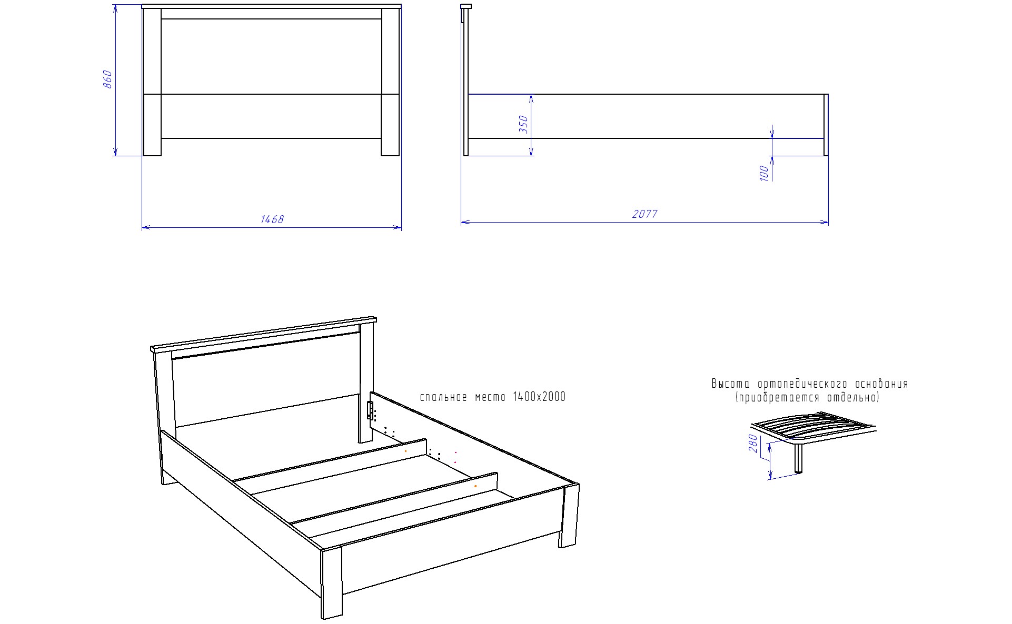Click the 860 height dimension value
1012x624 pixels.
pyautogui.click(x=107, y=79)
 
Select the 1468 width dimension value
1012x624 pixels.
pyautogui.click(x=272, y=219)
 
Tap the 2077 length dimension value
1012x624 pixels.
pyautogui.click(x=645, y=214)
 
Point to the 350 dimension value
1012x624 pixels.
pyautogui.click(x=523, y=125)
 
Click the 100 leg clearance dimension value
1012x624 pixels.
pyautogui.click(x=765, y=173)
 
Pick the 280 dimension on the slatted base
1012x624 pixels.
pyautogui.click(x=753, y=443)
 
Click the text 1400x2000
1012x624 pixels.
pyautogui.click(x=539, y=397)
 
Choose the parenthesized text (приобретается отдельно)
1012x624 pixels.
pyautogui.click(x=808, y=398)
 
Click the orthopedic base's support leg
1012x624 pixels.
pyautogui.click(x=799, y=458)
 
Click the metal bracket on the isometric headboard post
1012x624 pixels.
pyautogui.click(x=370, y=410)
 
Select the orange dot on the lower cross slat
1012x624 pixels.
pyautogui.click(x=475, y=486)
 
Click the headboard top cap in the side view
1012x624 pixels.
pyautogui.click(x=466, y=6)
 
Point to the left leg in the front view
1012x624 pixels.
pyautogui.click(x=152, y=125)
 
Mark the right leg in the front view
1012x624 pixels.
pyautogui.click(x=391, y=125)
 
